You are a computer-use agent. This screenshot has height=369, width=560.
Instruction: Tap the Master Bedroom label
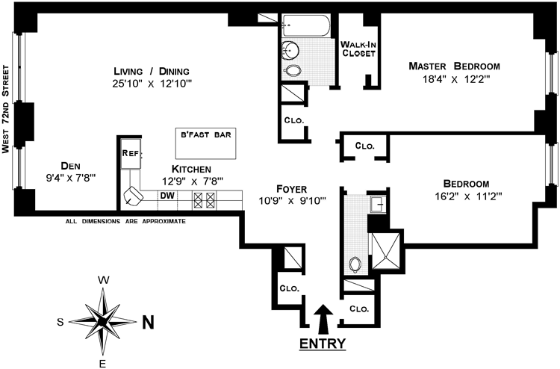(x=453, y=66)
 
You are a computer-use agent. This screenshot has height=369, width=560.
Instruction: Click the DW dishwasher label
(x=167, y=196)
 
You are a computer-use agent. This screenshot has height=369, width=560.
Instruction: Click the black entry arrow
(x=323, y=318)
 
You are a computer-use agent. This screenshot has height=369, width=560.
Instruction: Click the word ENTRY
(x=323, y=344)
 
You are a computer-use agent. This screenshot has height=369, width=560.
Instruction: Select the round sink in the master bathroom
(x=292, y=51)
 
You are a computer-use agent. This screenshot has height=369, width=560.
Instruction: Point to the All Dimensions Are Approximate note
(x=125, y=221)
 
